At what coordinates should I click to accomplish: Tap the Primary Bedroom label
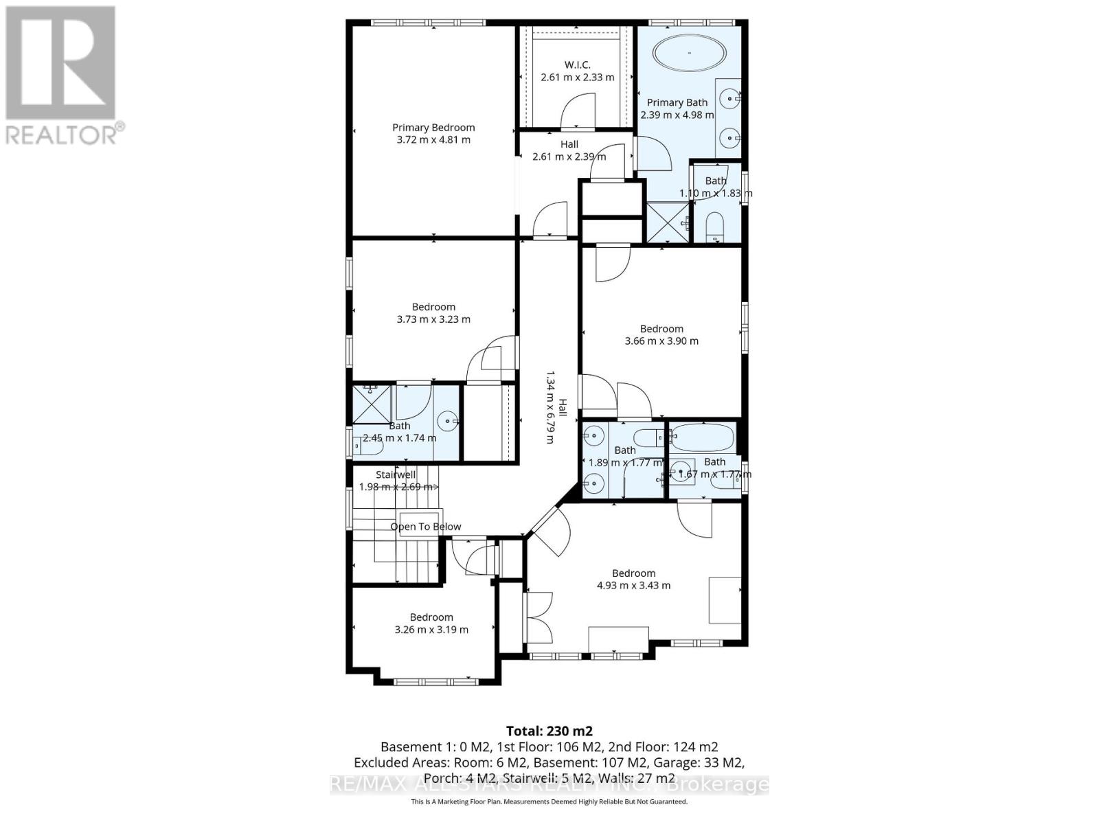(x=433, y=127)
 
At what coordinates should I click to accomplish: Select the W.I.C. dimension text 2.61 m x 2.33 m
(x=577, y=78)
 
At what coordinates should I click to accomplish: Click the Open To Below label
(x=426, y=527)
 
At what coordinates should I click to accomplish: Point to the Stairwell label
(x=396, y=474)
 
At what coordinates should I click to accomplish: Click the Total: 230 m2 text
(x=549, y=731)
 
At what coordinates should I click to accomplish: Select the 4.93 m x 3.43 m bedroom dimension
(x=633, y=586)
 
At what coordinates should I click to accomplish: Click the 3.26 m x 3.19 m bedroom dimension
(x=431, y=630)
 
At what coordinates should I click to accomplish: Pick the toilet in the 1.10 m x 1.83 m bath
(x=715, y=226)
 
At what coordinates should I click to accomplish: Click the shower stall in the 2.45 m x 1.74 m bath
(x=372, y=404)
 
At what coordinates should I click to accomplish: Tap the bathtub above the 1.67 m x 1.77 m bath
(x=702, y=436)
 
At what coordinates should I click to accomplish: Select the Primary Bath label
(x=677, y=102)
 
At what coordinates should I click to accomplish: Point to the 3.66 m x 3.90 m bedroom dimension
(x=661, y=341)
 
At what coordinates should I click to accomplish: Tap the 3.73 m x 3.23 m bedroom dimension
(x=433, y=319)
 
